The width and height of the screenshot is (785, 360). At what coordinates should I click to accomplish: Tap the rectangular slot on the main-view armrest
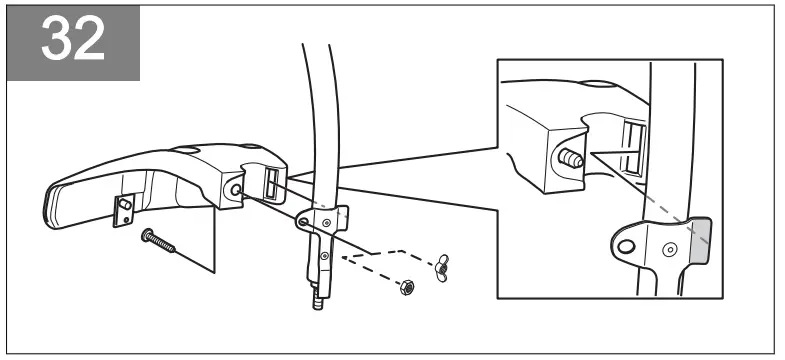click(x=272, y=183)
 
